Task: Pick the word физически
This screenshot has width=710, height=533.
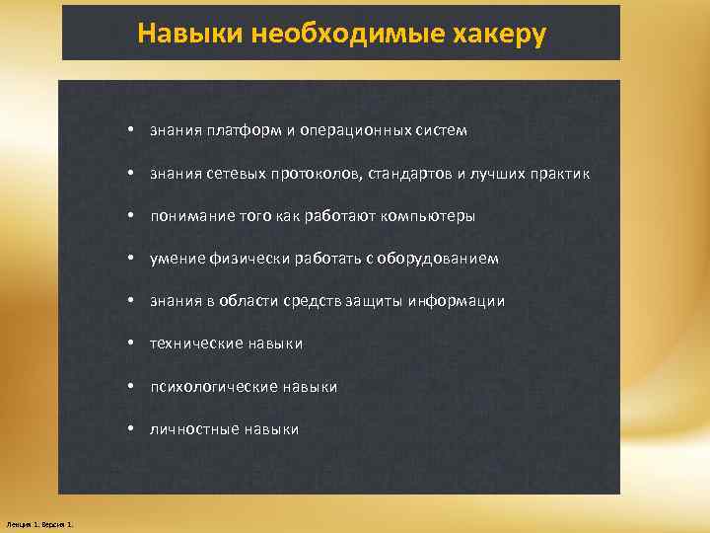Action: click(x=244, y=259)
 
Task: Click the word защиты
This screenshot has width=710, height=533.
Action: click(x=378, y=301)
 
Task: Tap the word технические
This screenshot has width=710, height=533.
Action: click(x=196, y=343)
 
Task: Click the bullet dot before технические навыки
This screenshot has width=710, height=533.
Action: click(x=130, y=343)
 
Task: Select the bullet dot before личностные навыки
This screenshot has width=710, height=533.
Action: click(x=130, y=429)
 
